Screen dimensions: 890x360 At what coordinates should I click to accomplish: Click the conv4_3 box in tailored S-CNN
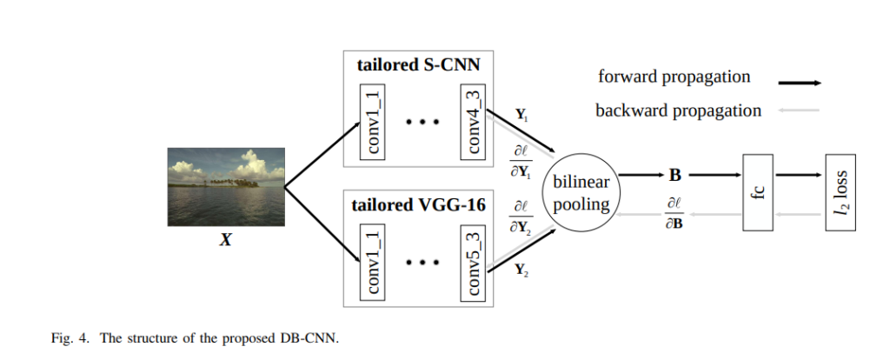tap(473, 122)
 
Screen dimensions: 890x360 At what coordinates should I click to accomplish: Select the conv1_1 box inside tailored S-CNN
tap(372, 122)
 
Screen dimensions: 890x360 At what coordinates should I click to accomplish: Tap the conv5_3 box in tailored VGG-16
tap(473, 263)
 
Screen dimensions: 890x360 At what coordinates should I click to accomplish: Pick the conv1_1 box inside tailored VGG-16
tap(372, 263)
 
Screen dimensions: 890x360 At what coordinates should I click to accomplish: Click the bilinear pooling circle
tap(581, 193)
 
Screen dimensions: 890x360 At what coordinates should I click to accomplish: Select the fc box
tap(758, 192)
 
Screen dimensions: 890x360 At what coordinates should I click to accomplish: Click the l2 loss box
tap(840, 192)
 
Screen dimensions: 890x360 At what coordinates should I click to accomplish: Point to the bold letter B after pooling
tap(674, 176)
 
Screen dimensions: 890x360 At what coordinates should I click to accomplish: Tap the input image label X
tap(226, 240)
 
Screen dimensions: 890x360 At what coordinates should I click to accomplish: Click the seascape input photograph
tap(226, 187)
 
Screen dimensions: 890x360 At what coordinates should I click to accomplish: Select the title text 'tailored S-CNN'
tap(418, 64)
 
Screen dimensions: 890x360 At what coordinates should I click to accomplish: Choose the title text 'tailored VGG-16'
tap(418, 205)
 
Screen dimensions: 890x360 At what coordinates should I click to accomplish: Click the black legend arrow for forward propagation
tap(800, 83)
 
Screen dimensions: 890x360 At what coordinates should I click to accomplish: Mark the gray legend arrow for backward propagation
tap(800, 110)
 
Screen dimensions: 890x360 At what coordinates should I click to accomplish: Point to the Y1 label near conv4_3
tap(522, 116)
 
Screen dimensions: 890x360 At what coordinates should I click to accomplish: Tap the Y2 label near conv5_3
tap(522, 270)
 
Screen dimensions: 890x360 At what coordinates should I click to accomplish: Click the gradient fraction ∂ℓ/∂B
tap(674, 214)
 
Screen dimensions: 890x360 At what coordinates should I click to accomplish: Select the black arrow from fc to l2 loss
tap(799, 175)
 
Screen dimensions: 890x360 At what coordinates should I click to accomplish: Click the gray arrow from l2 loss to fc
tap(799, 214)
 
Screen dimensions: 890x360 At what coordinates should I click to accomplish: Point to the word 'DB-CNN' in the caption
tap(309, 339)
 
